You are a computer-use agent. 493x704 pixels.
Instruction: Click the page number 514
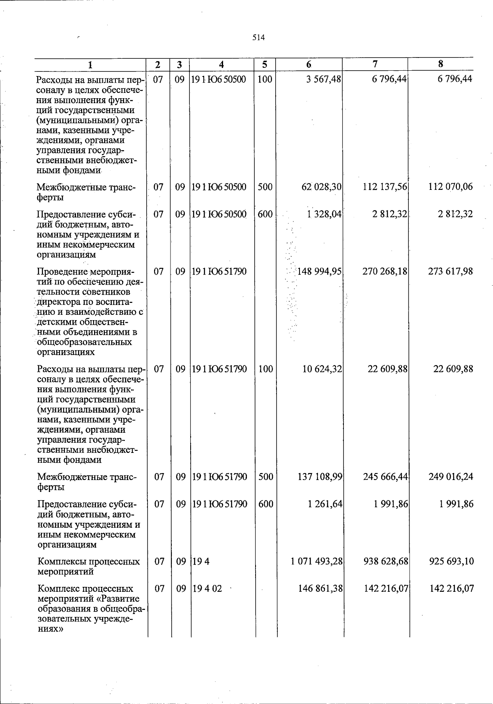(x=258, y=38)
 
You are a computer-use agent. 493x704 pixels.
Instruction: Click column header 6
(x=309, y=64)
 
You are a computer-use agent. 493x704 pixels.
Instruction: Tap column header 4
(x=221, y=64)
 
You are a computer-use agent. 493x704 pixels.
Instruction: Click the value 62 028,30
(x=321, y=187)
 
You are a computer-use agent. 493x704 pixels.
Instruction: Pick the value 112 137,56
(x=385, y=187)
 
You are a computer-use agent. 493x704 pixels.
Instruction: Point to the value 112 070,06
(x=451, y=187)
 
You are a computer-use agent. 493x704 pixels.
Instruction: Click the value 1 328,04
(x=324, y=214)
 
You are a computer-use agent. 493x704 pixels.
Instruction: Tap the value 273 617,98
(x=451, y=272)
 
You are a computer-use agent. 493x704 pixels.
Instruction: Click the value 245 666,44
(x=385, y=477)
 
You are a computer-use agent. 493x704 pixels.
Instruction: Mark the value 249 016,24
(x=451, y=477)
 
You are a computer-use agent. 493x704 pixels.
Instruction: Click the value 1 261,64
(x=325, y=504)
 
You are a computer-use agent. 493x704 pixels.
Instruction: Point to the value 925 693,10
(x=451, y=561)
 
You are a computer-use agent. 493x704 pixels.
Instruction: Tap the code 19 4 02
(x=207, y=589)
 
